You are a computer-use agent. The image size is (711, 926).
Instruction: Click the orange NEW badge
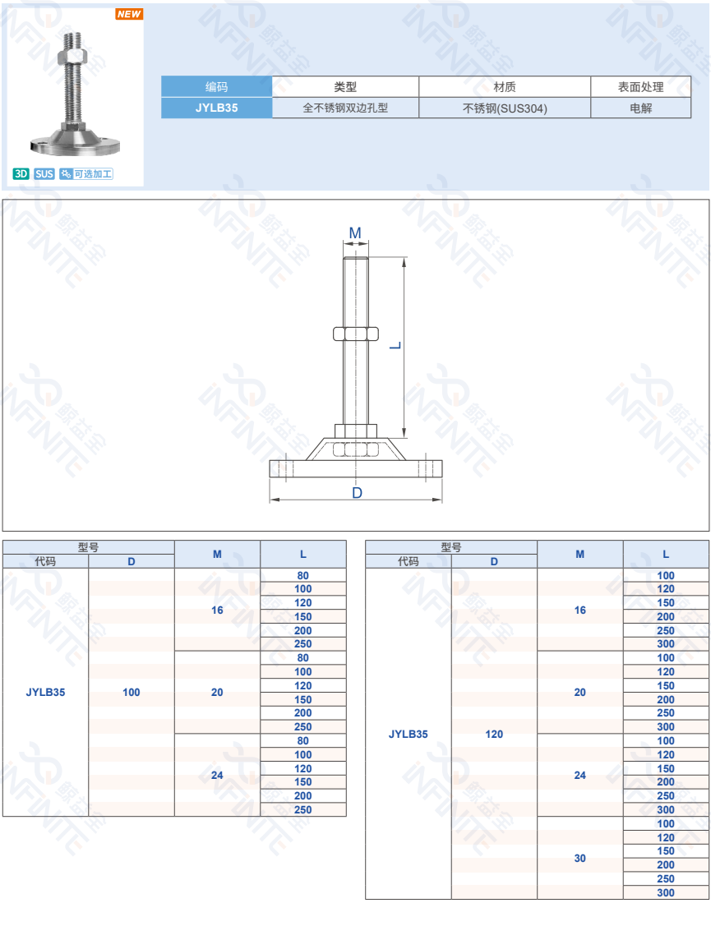click(129, 14)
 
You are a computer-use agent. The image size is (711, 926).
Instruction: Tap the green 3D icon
click(21, 173)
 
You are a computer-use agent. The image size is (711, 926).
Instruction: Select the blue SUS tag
click(44, 173)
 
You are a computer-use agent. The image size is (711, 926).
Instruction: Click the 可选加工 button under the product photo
click(86, 173)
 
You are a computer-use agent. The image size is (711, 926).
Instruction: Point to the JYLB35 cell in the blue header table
click(216, 108)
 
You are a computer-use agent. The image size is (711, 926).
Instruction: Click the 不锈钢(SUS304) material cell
click(505, 108)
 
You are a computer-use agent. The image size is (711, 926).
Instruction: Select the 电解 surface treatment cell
click(640, 108)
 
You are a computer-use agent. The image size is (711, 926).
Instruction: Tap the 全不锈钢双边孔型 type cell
click(345, 108)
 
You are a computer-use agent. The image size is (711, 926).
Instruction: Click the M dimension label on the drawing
click(355, 233)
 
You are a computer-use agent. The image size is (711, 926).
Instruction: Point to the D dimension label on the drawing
click(357, 493)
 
